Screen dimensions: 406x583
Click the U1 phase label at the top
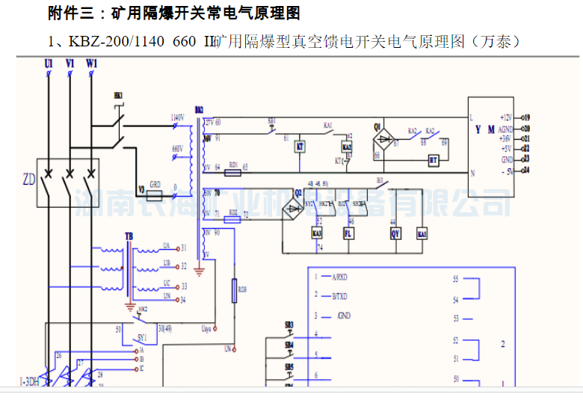pyautogui.click(x=49, y=65)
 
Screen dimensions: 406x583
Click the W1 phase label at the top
pyautogui.click(x=91, y=65)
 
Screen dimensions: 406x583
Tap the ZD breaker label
pyautogui.click(x=29, y=179)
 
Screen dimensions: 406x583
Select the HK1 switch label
pyautogui.click(x=118, y=96)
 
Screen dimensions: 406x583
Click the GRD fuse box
pyautogui.click(x=155, y=195)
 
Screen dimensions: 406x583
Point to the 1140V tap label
pyautogui.click(x=177, y=118)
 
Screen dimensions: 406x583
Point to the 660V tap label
pyautogui.click(x=177, y=149)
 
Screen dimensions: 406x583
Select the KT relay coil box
pyautogui.click(x=300, y=147)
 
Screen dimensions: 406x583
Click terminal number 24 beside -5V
pyautogui.click(x=526, y=170)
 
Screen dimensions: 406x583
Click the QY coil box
pyautogui.click(x=396, y=233)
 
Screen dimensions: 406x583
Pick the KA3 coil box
pyautogui.click(x=316, y=233)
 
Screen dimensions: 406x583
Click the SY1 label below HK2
pyautogui.click(x=142, y=338)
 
